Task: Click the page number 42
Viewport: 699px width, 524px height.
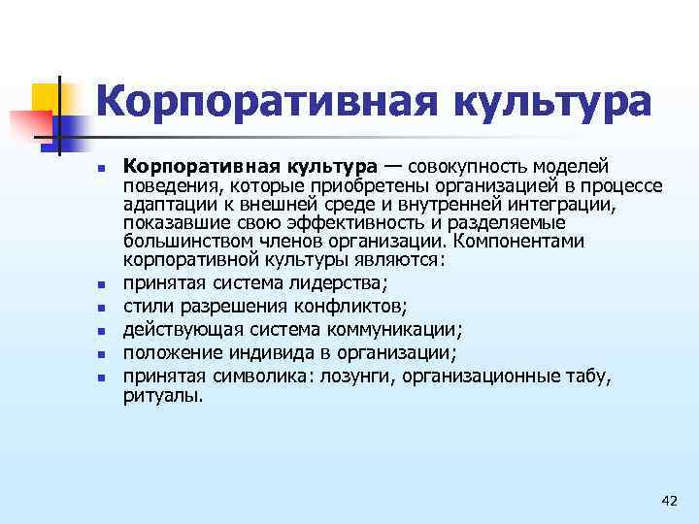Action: tap(668, 501)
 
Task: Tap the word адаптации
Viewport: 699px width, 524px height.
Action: tap(166, 205)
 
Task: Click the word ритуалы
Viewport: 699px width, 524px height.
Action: tap(163, 395)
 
